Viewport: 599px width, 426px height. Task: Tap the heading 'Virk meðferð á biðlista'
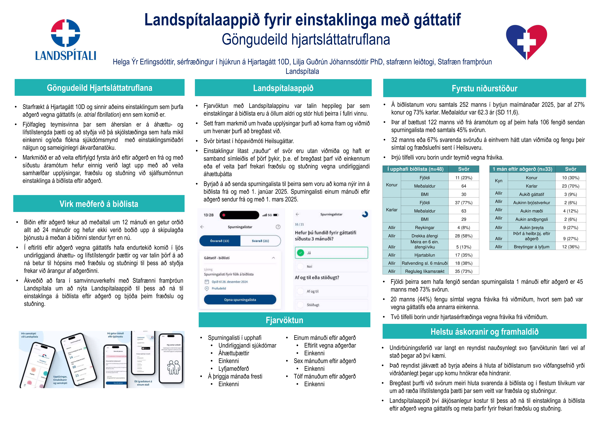pyautogui.click(x=99, y=204)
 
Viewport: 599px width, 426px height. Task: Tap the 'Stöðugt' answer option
pyautogui.click(x=331, y=305)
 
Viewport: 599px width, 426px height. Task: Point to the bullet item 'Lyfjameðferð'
pyautogui.click(x=233, y=369)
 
